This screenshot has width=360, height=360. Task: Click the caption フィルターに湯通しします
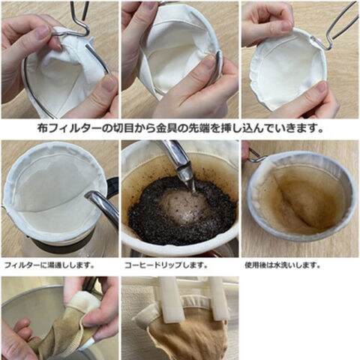coord(49,265)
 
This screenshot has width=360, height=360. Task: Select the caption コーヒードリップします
coord(166,265)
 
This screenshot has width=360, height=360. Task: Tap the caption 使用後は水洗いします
coord(283,265)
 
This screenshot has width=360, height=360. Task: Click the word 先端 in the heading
coord(199,128)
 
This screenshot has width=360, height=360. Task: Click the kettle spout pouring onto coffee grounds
coord(179,165)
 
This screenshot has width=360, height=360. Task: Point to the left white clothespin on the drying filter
coord(170,298)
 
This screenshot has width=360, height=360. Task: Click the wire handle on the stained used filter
coord(255,155)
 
